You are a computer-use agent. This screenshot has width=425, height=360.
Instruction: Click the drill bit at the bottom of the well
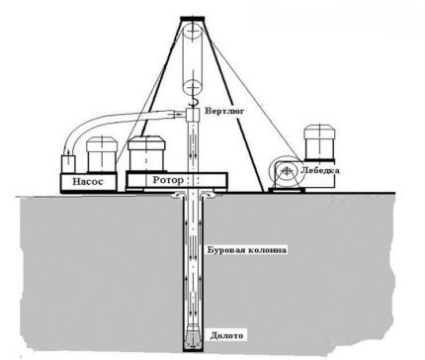194,336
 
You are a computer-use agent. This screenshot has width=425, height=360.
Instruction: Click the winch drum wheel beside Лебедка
285,176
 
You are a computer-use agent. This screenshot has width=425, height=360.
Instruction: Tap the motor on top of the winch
320,144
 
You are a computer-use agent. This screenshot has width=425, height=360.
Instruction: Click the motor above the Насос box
102,155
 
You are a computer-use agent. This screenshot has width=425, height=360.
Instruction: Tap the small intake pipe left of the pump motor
66,160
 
